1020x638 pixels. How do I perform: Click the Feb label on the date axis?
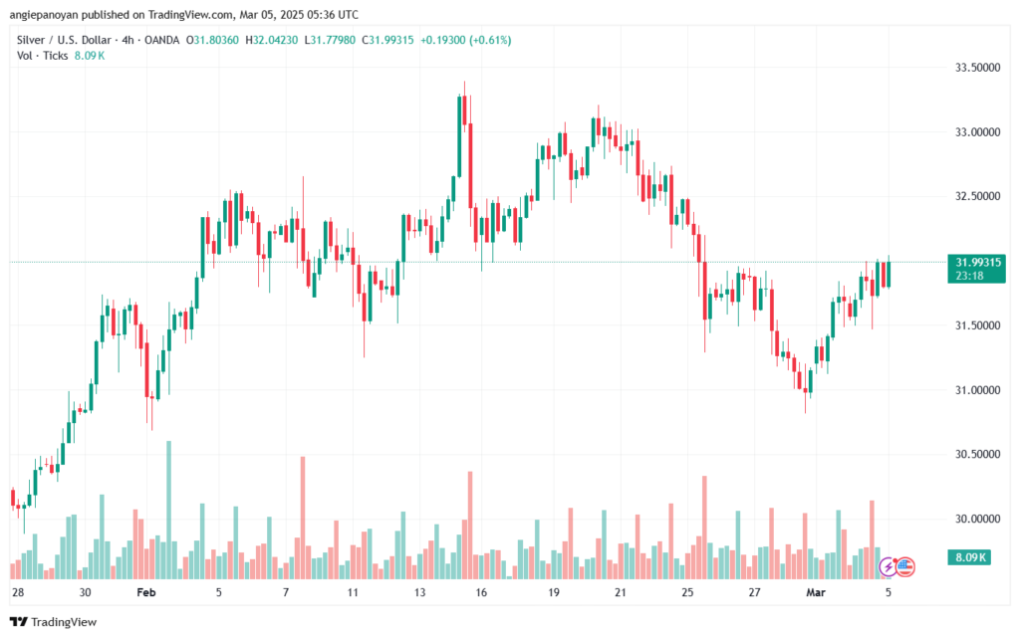[x=146, y=592]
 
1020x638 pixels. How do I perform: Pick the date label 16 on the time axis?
[x=482, y=592]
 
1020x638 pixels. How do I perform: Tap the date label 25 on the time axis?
[x=686, y=592]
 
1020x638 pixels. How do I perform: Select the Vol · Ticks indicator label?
[x=41, y=56]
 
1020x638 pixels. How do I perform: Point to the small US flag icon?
[x=904, y=566]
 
